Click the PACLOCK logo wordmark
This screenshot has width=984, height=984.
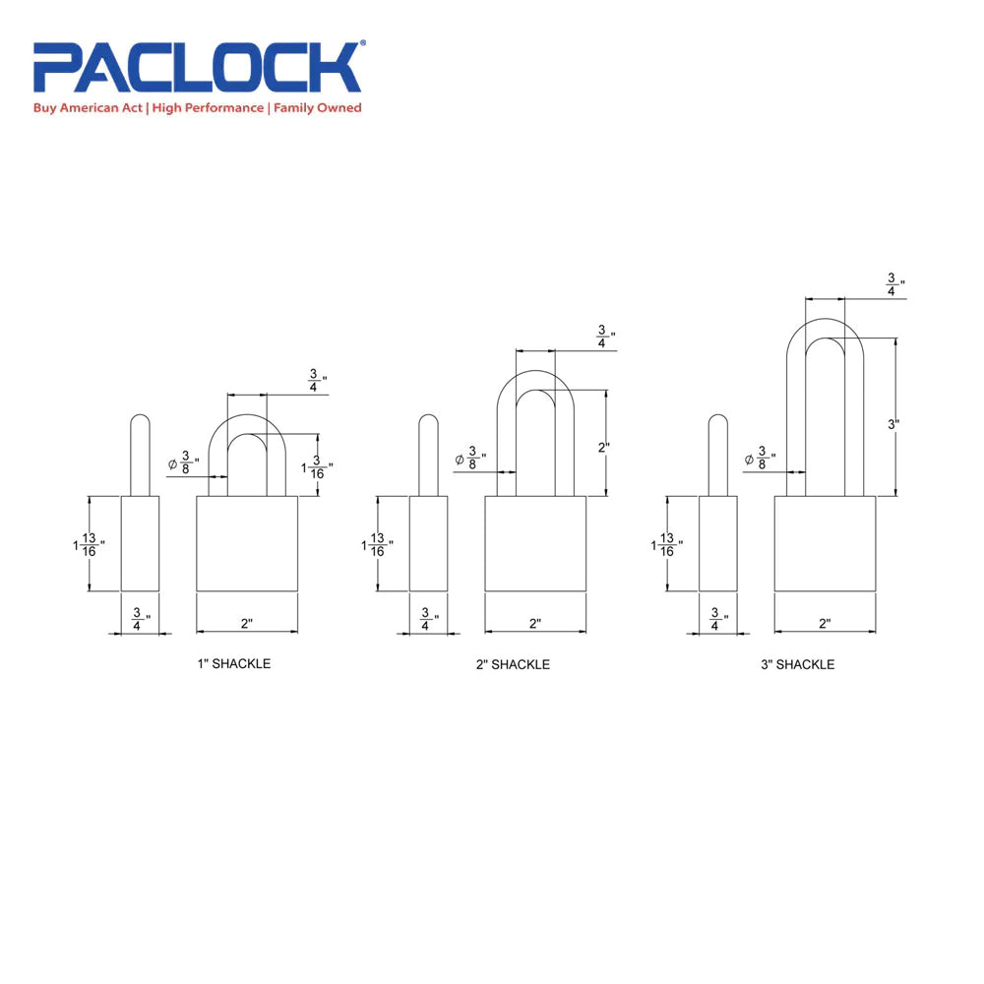point(198,68)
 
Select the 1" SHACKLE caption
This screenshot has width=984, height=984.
point(234,664)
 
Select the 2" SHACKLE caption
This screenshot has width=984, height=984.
point(513,665)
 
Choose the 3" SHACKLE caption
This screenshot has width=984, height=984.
point(797,665)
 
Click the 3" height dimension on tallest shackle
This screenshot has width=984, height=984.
point(893,424)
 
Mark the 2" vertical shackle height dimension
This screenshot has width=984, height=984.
point(603,447)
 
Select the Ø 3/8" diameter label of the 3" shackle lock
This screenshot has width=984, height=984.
point(762,459)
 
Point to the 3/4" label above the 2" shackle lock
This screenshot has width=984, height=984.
point(603,337)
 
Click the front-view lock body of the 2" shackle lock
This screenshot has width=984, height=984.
point(535,543)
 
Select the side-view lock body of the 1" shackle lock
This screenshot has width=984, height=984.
point(140,543)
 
